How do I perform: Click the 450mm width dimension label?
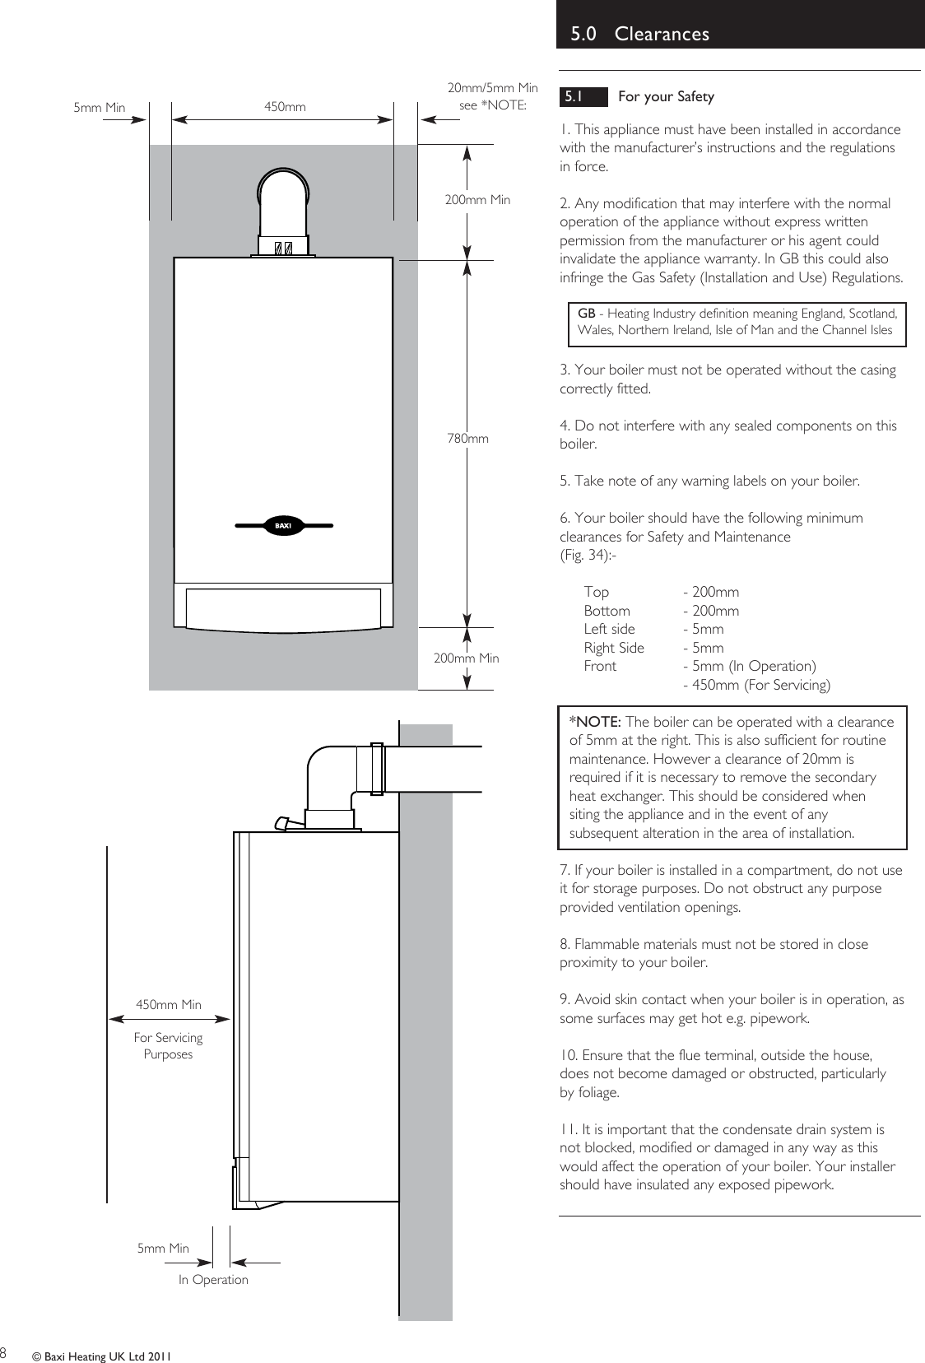(285, 107)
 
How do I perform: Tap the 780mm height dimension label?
(467, 439)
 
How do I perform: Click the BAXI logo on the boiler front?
(284, 525)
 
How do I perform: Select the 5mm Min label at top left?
(99, 107)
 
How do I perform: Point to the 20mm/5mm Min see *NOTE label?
(492, 96)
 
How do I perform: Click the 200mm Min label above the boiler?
(477, 200)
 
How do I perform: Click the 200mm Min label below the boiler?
(466, 658)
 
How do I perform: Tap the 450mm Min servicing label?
(168, 1005)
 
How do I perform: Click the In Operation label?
(213, 1280)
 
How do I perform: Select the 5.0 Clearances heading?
(639, 34)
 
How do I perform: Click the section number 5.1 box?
(574, 96)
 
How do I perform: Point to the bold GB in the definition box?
(586, 314)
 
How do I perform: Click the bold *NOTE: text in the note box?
(595, 722)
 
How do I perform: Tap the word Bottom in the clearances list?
(607, 611)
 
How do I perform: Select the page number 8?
(3, 1353)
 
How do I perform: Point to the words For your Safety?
(666, 96)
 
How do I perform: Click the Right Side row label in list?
(614, 648)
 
